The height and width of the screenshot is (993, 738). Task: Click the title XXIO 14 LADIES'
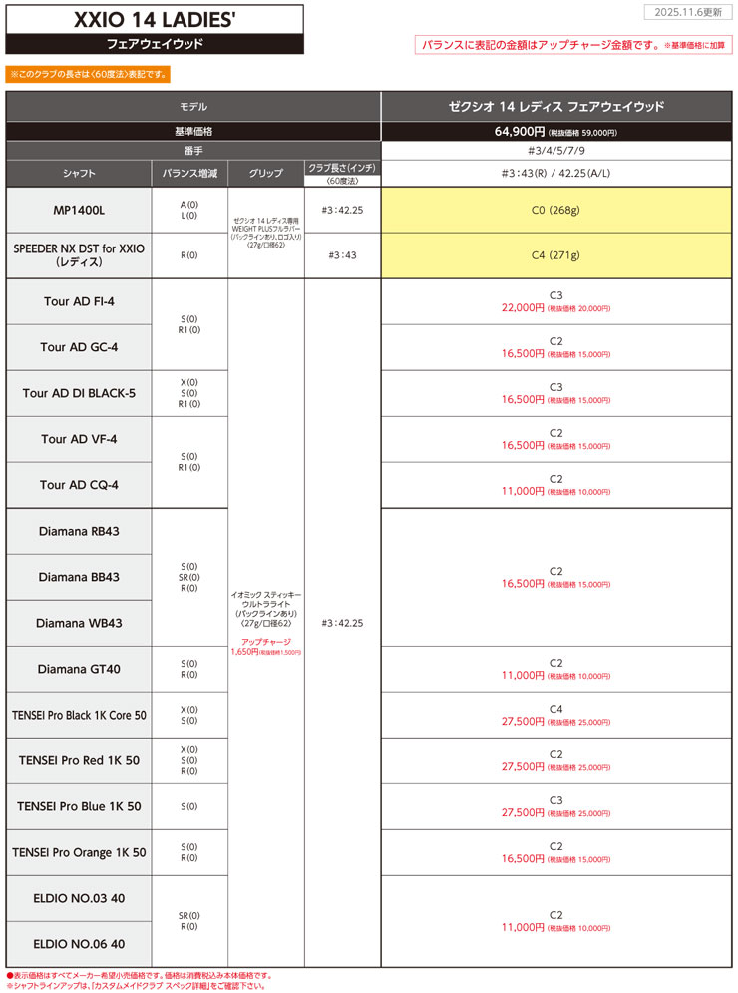[155, 19]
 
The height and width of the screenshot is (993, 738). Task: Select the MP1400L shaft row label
[80, 212]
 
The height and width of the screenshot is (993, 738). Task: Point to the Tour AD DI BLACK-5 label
[80, 393]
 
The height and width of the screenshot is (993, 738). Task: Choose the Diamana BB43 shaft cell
[80, 577]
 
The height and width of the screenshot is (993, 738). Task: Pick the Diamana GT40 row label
[80, 669]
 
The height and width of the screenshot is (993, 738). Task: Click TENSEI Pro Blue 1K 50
[80, 806]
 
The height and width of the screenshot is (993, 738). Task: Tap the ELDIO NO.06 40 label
[80, 944]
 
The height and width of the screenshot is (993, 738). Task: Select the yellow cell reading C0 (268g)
[556, 212]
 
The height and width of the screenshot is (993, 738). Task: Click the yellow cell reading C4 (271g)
[556, 256]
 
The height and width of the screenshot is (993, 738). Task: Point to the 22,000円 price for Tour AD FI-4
[522, 309]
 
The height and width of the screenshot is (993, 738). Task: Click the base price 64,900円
[519, 131]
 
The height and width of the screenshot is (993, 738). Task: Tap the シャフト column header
[80, 173]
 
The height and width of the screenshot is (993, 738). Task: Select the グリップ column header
[266, 173]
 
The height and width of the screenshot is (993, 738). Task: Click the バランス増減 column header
[189, 173]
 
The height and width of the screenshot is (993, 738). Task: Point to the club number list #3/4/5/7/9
[556, 151]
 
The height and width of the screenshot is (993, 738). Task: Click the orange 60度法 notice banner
[88, 74]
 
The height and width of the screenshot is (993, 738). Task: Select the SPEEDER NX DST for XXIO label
[80, 256]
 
